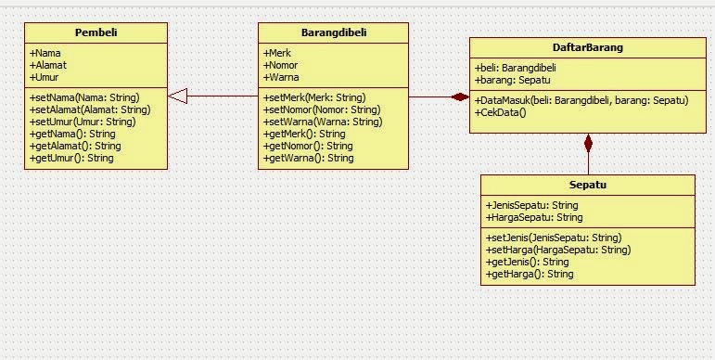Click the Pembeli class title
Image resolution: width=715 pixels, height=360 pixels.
pos(96,32)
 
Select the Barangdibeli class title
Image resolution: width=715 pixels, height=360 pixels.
pos(334,32)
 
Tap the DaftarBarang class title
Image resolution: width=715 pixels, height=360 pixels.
pos(581,47)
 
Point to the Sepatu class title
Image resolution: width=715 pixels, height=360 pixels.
pos(587,185)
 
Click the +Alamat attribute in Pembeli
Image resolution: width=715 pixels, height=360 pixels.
pos(48,65)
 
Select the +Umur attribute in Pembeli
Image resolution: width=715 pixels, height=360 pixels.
pos(45,77)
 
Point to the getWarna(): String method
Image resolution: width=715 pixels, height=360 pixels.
pos(309,158)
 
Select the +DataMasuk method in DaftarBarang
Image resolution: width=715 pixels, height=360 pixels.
pos(581,100)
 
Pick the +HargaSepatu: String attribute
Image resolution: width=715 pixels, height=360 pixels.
pos(534,217)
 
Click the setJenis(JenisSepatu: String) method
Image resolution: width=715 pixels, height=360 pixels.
pos(554,238)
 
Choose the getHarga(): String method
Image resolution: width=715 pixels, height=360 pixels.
pos(530,274)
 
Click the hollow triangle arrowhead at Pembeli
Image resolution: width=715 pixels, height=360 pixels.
pos(178,96)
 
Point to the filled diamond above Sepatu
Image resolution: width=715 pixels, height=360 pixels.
pos(587,143)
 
